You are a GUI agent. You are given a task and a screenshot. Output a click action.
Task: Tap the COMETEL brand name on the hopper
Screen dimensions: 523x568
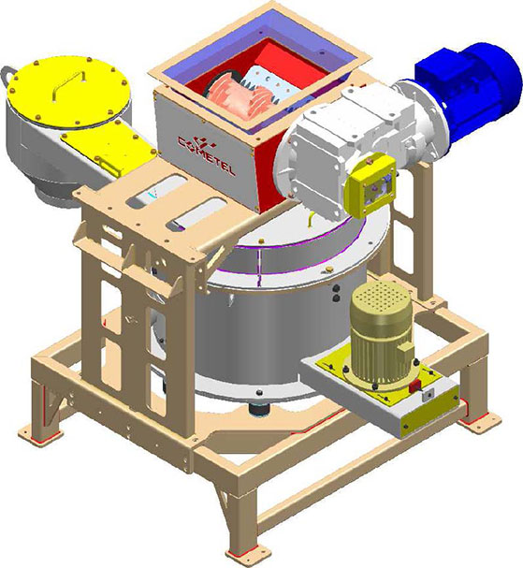207,156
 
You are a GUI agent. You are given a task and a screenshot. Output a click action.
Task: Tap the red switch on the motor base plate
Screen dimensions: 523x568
414,386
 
